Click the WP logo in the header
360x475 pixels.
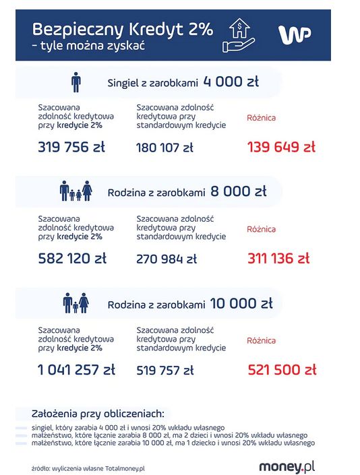click(295, 34)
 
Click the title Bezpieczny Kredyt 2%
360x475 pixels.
click(123, 29)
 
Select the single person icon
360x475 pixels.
click(76, 83)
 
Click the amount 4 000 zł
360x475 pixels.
click(231, 82)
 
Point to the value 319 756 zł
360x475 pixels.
click(72, 147)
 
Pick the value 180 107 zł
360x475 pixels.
click(166, 148)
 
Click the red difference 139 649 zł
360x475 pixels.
click(281, 147)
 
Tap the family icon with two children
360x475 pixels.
click(76, 192)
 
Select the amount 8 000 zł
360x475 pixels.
click(239, 191)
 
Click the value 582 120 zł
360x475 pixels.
click(72, 258)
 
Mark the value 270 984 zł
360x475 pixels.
click(167, 259)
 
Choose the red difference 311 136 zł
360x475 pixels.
click(278, 258)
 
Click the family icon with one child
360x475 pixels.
click(76, 304)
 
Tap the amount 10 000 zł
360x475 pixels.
click(241, 303)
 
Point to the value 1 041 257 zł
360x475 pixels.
click(76, 369)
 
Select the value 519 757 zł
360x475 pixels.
click(165, 370)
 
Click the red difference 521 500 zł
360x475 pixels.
click(281, 369)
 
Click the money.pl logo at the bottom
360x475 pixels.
click(287, 466)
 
